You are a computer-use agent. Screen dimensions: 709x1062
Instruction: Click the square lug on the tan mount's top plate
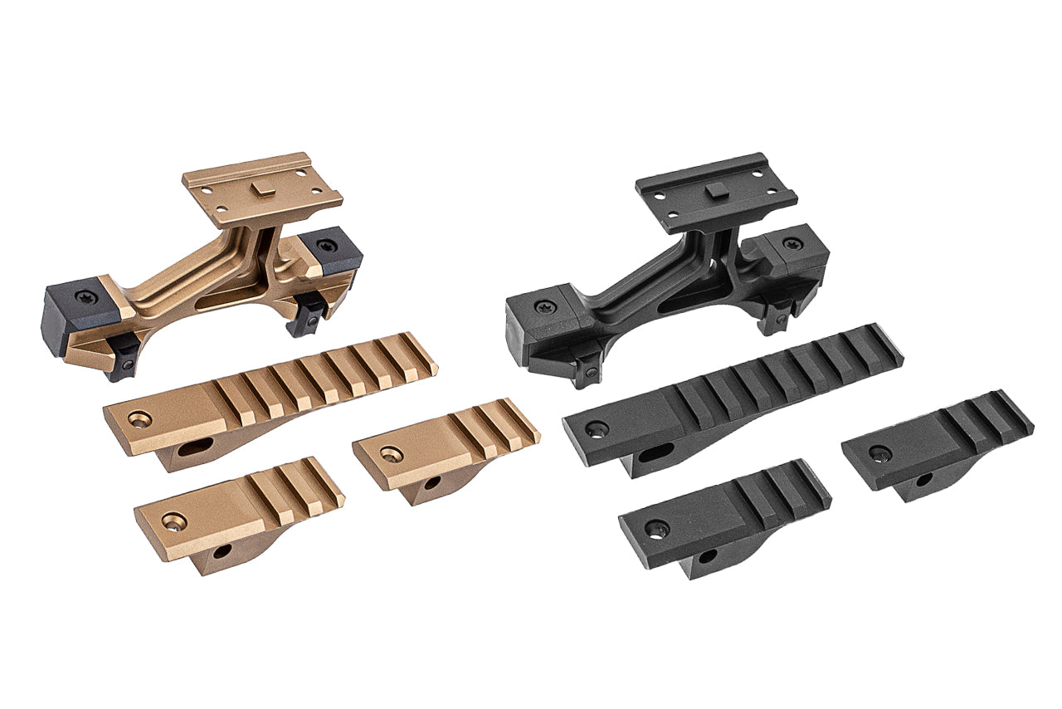coord(261,190)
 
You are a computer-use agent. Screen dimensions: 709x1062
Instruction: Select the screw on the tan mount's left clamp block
coord(86,296)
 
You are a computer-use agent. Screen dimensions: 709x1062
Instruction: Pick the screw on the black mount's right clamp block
coord(792,244)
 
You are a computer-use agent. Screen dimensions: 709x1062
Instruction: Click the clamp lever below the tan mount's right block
coord(308,316)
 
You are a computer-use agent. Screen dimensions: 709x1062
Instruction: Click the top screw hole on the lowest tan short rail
coord(173,521)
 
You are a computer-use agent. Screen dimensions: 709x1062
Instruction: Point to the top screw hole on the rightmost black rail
coord(879,453)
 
